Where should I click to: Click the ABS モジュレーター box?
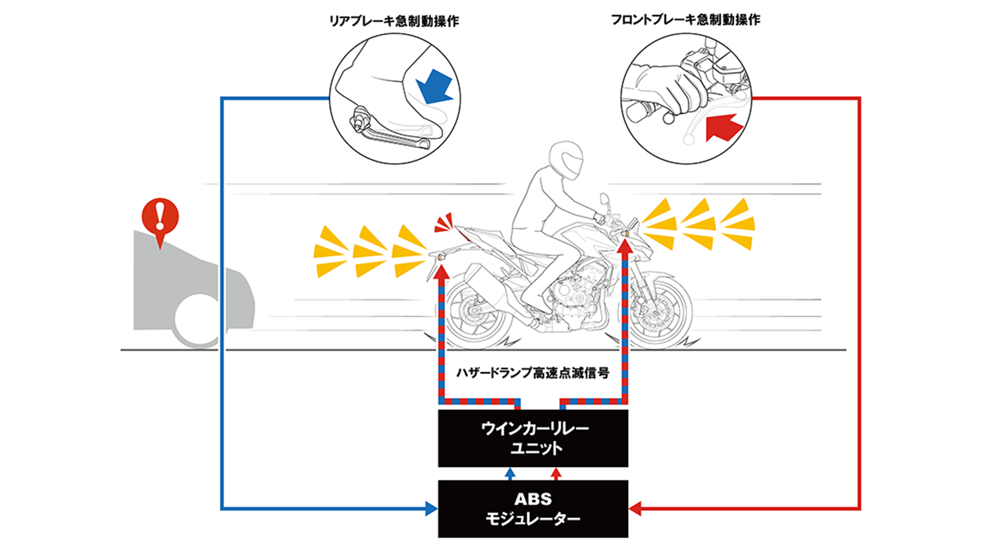[x=533, y=509]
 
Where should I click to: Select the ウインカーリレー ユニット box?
[x=533, y=438]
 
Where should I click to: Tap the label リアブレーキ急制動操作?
[x=394, y=21]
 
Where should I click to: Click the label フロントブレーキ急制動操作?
[x=685, y=20]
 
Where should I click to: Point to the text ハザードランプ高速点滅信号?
[x=533, y=373]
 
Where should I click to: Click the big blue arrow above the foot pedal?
[x=434, y=87]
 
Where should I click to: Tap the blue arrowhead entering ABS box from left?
[x=431, y=508]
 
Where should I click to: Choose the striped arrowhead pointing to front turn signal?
[x=625, y=246]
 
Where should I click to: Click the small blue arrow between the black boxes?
[x=510, y=473]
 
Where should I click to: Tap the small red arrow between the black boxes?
[x=555, y=473]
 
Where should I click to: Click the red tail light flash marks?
[x=444, y=223]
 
